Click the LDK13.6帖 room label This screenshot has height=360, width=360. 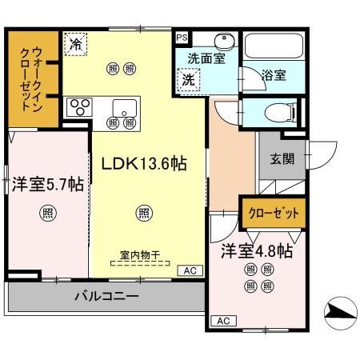[144, 163]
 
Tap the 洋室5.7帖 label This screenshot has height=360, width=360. [47, 183]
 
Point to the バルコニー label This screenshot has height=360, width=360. [107, 296]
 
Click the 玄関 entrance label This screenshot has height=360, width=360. [281, 158]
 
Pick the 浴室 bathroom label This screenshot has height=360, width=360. [274, 74]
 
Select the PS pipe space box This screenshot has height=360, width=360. [181, 38]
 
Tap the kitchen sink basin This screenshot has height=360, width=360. [123, 107]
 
